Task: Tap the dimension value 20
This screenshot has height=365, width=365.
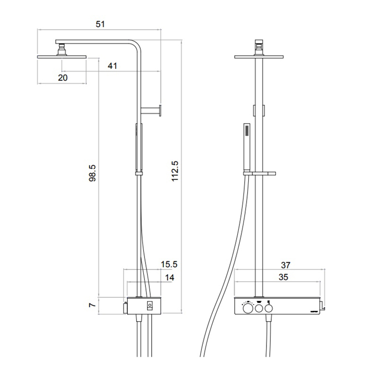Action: pyautogui.click(x=63, y=77)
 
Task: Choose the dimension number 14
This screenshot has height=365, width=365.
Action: pyautogui.click(x=170, y=278)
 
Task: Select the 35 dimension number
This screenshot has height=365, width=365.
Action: pyautogui.click(x=284, y=278)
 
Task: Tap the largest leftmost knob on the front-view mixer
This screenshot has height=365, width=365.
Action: pyautogui.click(x=247, y=309)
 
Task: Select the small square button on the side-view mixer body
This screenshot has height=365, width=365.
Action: pyautogui.click(x=150, y=305)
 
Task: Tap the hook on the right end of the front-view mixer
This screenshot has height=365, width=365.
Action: pyautogui.click(x=322, y=308)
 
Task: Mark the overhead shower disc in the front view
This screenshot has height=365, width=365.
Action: pyautogui.click(x=259, y=57)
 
